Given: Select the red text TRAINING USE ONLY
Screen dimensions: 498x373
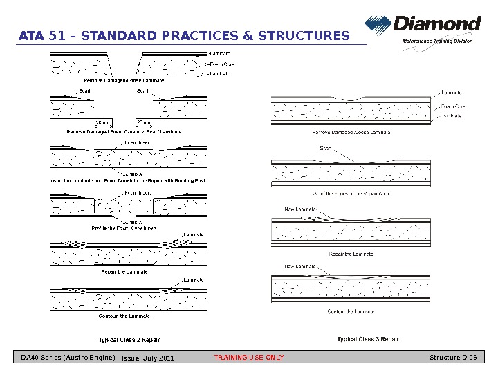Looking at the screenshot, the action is coord(248,358).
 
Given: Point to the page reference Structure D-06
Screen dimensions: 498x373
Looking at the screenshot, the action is coord(453,358).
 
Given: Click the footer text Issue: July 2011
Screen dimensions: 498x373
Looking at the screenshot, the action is coord(148,358).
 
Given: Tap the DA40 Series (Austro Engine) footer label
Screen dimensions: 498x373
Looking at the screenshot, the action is coord(68,358).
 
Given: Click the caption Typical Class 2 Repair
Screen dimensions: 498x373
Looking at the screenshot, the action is coord(129,340).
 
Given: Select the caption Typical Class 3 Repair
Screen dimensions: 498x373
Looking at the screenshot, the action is coord(368,339).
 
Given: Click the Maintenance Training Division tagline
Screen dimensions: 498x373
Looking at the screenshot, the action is coord(438,41).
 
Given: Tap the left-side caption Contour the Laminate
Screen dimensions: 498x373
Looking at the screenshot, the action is coord(124,316).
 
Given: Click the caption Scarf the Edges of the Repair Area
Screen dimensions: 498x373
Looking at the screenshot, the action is coord(351,193).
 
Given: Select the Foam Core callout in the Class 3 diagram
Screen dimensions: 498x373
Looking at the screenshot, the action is coord(453,107).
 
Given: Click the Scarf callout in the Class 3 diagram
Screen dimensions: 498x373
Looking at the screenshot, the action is coord(325,147).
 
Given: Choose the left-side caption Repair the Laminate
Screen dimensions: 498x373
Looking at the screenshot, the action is coord(124,271).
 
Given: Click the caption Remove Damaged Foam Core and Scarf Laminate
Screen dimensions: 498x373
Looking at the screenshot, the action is coord(124,131).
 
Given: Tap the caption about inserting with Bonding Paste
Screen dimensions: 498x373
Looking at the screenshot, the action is coord(129,180).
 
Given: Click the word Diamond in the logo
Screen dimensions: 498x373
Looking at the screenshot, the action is coord(437,25).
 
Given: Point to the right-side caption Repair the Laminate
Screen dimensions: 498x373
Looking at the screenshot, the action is coord(351,254).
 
